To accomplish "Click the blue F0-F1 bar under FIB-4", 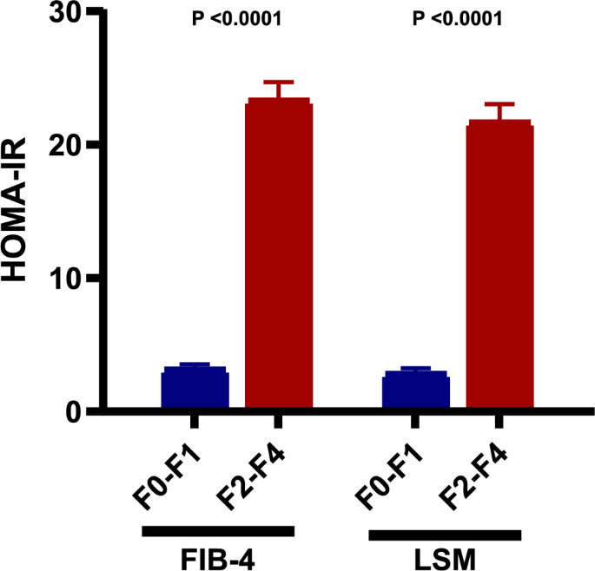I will coord(195,388).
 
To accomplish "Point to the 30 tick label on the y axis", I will coord(66,13).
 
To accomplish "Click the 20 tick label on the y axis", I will coord(66,145).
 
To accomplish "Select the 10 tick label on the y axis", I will coord(66,279).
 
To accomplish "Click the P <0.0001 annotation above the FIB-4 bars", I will coord(236,18).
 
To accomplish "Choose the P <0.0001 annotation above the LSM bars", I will coord(458,18).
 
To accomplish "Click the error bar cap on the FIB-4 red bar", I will coord(278,82).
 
